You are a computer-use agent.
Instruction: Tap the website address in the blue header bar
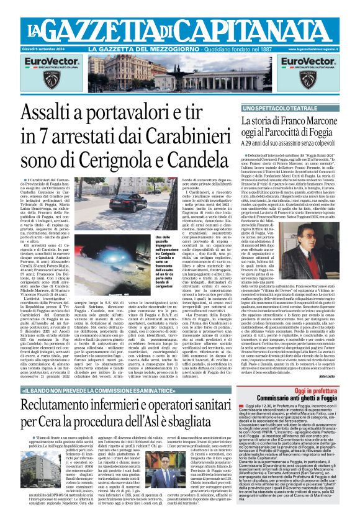(321, 48)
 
